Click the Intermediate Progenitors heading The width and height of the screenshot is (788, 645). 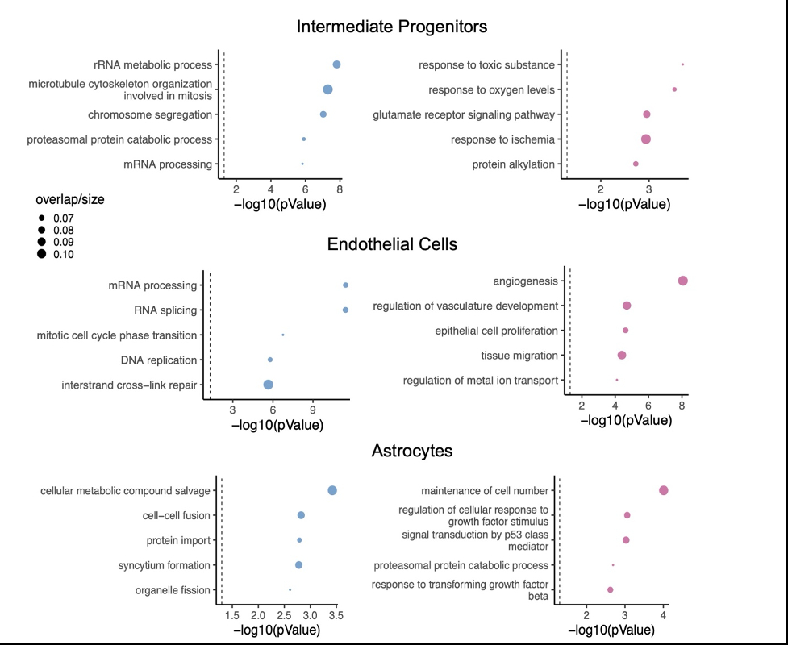coord(392,27)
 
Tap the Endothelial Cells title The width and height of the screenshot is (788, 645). coord(392,244)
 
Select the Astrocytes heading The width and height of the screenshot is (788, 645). coord(411,451)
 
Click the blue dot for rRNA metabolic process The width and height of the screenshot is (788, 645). coord(336,64)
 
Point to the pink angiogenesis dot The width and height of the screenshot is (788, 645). coord(682,281)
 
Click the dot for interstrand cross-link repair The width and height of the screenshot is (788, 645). coord(268,385)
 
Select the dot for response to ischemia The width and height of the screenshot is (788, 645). coord(645,139)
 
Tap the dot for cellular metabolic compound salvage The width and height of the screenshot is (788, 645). coord(331,490)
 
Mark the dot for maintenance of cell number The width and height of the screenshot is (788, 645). coord(663,490)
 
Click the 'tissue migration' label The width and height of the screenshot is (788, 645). coord(519,356)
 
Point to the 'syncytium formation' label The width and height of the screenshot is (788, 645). coord(164,565)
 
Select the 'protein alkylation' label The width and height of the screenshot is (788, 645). coord(513,164)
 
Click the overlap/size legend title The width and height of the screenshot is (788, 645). coord(70,199)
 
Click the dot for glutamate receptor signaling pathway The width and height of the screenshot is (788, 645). coord(646,114)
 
